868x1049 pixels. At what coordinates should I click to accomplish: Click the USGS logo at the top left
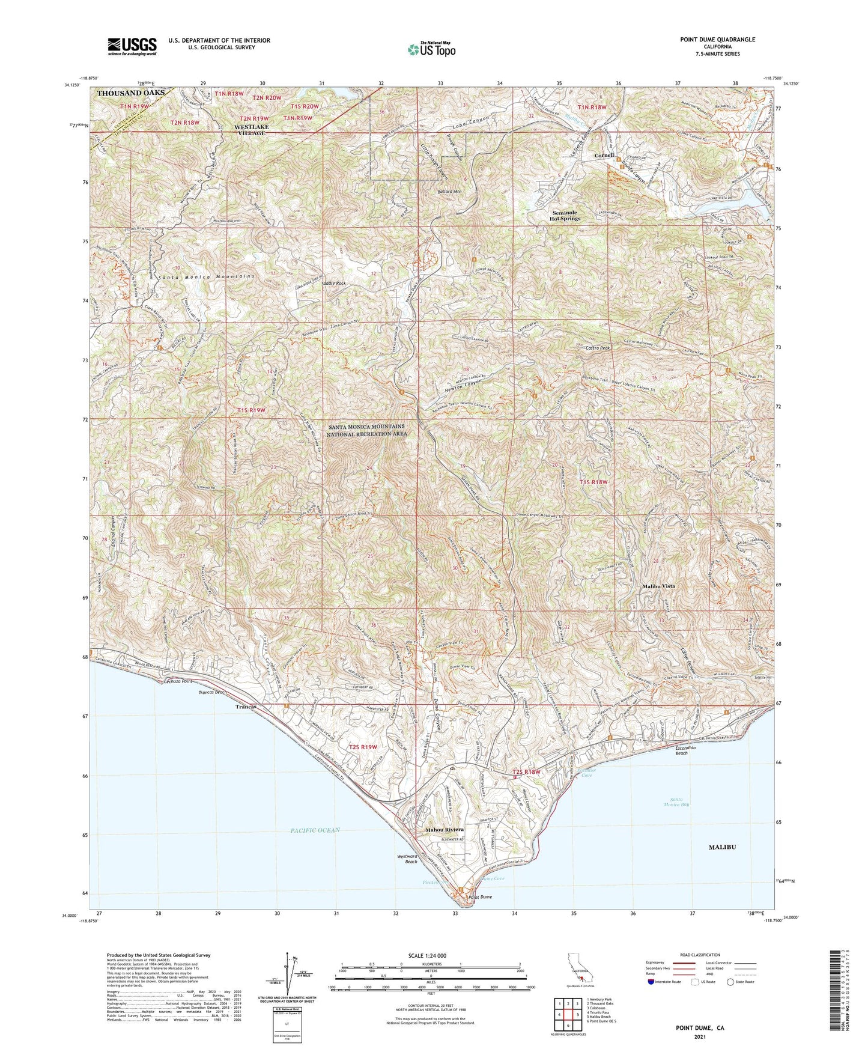pyautogui.click(x=132, y=46)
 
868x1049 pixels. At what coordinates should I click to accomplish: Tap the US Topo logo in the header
pyautogui.click(x=431, y=49)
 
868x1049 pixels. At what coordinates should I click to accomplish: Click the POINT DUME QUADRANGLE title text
pyautogui.click(x=717, y=40)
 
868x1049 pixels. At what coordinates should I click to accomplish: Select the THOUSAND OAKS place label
pyautogui.click(x=130, y=93)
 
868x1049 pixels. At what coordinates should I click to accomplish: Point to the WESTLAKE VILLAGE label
pyautogui.click(x=250, y=130)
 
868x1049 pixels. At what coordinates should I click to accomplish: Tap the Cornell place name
pyautogui.click(x=604, y=156)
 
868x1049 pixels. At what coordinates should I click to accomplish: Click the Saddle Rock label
pyautogui.click(x=334, y=283)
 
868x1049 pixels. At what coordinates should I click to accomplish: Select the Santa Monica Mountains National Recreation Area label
pyautogui.click(x=366, y=430)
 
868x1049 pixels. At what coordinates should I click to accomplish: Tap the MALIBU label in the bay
pyautogui.click(x=722, y=847)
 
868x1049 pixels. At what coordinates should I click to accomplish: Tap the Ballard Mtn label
pyautogui.click(x=449, y=192)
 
